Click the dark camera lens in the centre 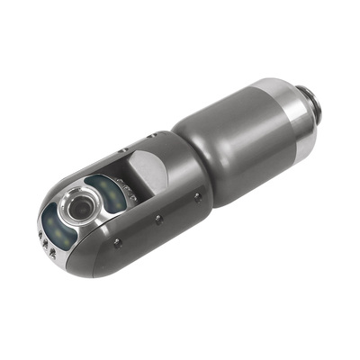(76, 210)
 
